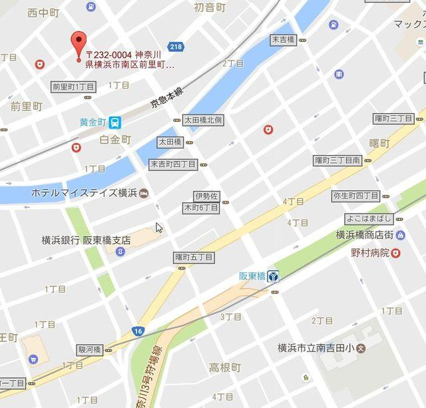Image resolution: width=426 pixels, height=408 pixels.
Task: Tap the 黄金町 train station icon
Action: click(116, 122)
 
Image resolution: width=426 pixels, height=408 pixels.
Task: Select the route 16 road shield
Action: click(138, 331)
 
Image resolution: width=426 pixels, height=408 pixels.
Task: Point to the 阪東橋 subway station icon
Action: click(273, 276)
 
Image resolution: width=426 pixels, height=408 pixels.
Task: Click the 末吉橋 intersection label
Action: click(283, 40)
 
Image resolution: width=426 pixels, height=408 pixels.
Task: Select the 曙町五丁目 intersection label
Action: click(194, 257)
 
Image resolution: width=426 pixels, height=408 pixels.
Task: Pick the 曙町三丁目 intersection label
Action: click(394, 118)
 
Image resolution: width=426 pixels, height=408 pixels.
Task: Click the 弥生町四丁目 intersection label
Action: click(355, 196)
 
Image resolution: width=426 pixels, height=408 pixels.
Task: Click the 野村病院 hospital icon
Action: click(395, 253)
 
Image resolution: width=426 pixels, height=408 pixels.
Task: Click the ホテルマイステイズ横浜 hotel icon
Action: click(146, 193)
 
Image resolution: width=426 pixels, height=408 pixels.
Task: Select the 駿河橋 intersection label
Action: click(89, 349)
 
